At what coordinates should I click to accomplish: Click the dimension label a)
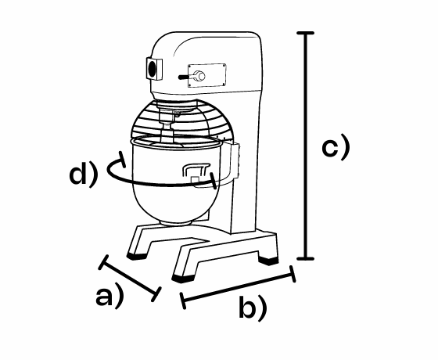pos(109,297)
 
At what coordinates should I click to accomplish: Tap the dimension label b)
pos(253,307)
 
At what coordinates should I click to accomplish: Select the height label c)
pos(336,146)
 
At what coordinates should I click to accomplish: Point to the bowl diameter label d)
pos(83,174)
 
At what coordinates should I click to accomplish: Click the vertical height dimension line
pos(305,146)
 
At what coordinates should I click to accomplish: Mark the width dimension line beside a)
pos(129,279)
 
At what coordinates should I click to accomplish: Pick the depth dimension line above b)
pos(238,287)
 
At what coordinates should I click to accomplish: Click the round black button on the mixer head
pos(152,69)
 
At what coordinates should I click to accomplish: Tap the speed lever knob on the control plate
pos(199,76)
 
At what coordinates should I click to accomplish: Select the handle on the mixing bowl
pos(196,170)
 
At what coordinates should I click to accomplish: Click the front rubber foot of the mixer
pos(183,279)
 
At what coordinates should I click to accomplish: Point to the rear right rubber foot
pos(268,261)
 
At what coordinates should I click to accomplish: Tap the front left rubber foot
pos(137,256)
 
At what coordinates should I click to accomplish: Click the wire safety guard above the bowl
pos(181,121)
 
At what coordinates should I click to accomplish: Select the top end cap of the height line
pos(305,33)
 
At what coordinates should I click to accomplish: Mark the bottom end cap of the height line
pos(305,258)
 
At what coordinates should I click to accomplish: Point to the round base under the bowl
pos(176,223)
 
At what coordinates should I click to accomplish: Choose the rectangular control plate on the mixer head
pos(207,75)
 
